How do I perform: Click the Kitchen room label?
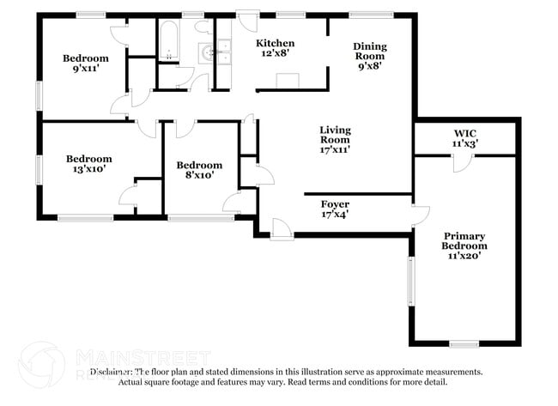(x=276, y=43)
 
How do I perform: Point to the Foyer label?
(x=335, y=204)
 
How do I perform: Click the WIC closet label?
(x=465, y=133)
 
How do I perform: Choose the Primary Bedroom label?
(x=464, y=241)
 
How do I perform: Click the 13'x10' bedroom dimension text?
(x=89, y=170)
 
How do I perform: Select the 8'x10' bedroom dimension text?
(x=198, y=175)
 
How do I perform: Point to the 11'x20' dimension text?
(x=464, y=254)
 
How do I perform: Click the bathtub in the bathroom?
(x=168, y=39)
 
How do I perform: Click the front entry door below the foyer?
(x=281, y=228)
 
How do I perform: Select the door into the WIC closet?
(x=462, y=161)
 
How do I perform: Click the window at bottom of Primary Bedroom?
(x=464, y=343)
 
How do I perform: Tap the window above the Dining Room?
(x=371, y=15)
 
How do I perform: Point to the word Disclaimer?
(x=116, y=373)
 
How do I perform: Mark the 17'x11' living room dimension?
(x=335, y=149)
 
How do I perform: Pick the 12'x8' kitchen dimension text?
(x=276, y=53)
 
